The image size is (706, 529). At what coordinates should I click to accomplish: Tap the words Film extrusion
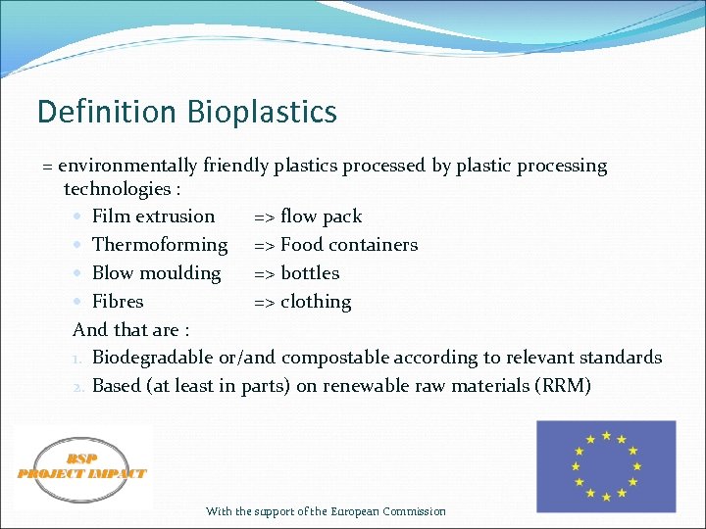pyautogui.click(x=153, y=216)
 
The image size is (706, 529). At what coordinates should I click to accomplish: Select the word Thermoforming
pyautogui.click(x=159, y=245)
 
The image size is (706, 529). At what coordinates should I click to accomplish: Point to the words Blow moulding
pyautogui.click(x=156, y=273)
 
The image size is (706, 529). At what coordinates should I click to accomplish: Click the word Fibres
pyautogui.click(x=118, y=302)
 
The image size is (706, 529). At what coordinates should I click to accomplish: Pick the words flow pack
pyautogui.click(x=321, y=216)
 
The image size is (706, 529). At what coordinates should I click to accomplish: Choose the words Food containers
pyautogui.click(x=349, y=245)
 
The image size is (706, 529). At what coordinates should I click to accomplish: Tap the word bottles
pyautogui.click(x=310, y=273)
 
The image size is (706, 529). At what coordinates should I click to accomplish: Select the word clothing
pyautogui.click(x=316, y=302)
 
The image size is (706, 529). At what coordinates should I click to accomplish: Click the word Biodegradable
pyautogui.click(x=152, y=358)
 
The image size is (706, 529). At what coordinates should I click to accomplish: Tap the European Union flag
pyautogui.click(x=606, y=466)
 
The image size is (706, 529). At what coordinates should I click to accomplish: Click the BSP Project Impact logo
pyautogui.click(x=82, y=467)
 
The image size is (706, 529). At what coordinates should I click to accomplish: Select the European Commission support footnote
pyautogui.click(x=326, y=511)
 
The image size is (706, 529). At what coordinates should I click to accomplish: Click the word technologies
pyautogui.click(x=117, y=189)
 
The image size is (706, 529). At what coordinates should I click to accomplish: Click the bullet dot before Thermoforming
pyautogui.click(x=77, y=245)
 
